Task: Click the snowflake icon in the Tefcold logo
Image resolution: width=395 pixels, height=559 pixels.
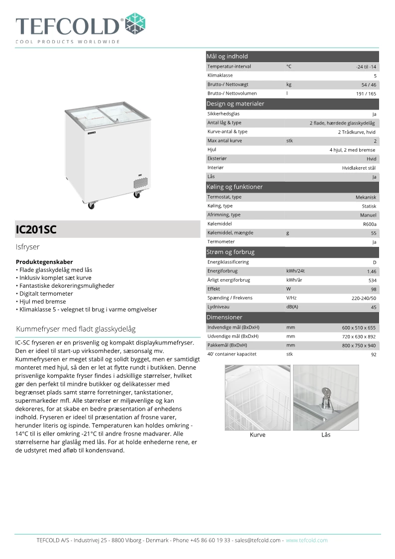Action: (135, 24)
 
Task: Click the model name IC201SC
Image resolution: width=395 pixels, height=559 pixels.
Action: (36, 229)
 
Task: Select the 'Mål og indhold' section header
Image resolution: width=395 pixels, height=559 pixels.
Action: (227, 56)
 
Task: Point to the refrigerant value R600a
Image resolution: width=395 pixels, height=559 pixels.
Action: (370, 224)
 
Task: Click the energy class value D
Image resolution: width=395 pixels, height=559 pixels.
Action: (374, 262)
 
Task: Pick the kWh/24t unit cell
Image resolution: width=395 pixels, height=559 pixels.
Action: (295, 271)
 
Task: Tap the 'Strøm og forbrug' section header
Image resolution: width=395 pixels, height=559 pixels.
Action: (230, 252)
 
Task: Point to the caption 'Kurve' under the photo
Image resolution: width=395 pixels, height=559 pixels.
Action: (257, 435)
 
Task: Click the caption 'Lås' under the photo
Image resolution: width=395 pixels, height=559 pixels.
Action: (326, 435)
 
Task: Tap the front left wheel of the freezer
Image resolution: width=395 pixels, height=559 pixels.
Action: (91, 205)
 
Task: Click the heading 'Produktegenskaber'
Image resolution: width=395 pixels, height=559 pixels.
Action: (44, 262)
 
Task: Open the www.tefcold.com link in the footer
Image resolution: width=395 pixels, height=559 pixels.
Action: (306, 540)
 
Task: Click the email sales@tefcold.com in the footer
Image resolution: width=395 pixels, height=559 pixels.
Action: (258, 540)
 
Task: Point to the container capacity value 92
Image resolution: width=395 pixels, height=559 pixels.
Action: (374, 355)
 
